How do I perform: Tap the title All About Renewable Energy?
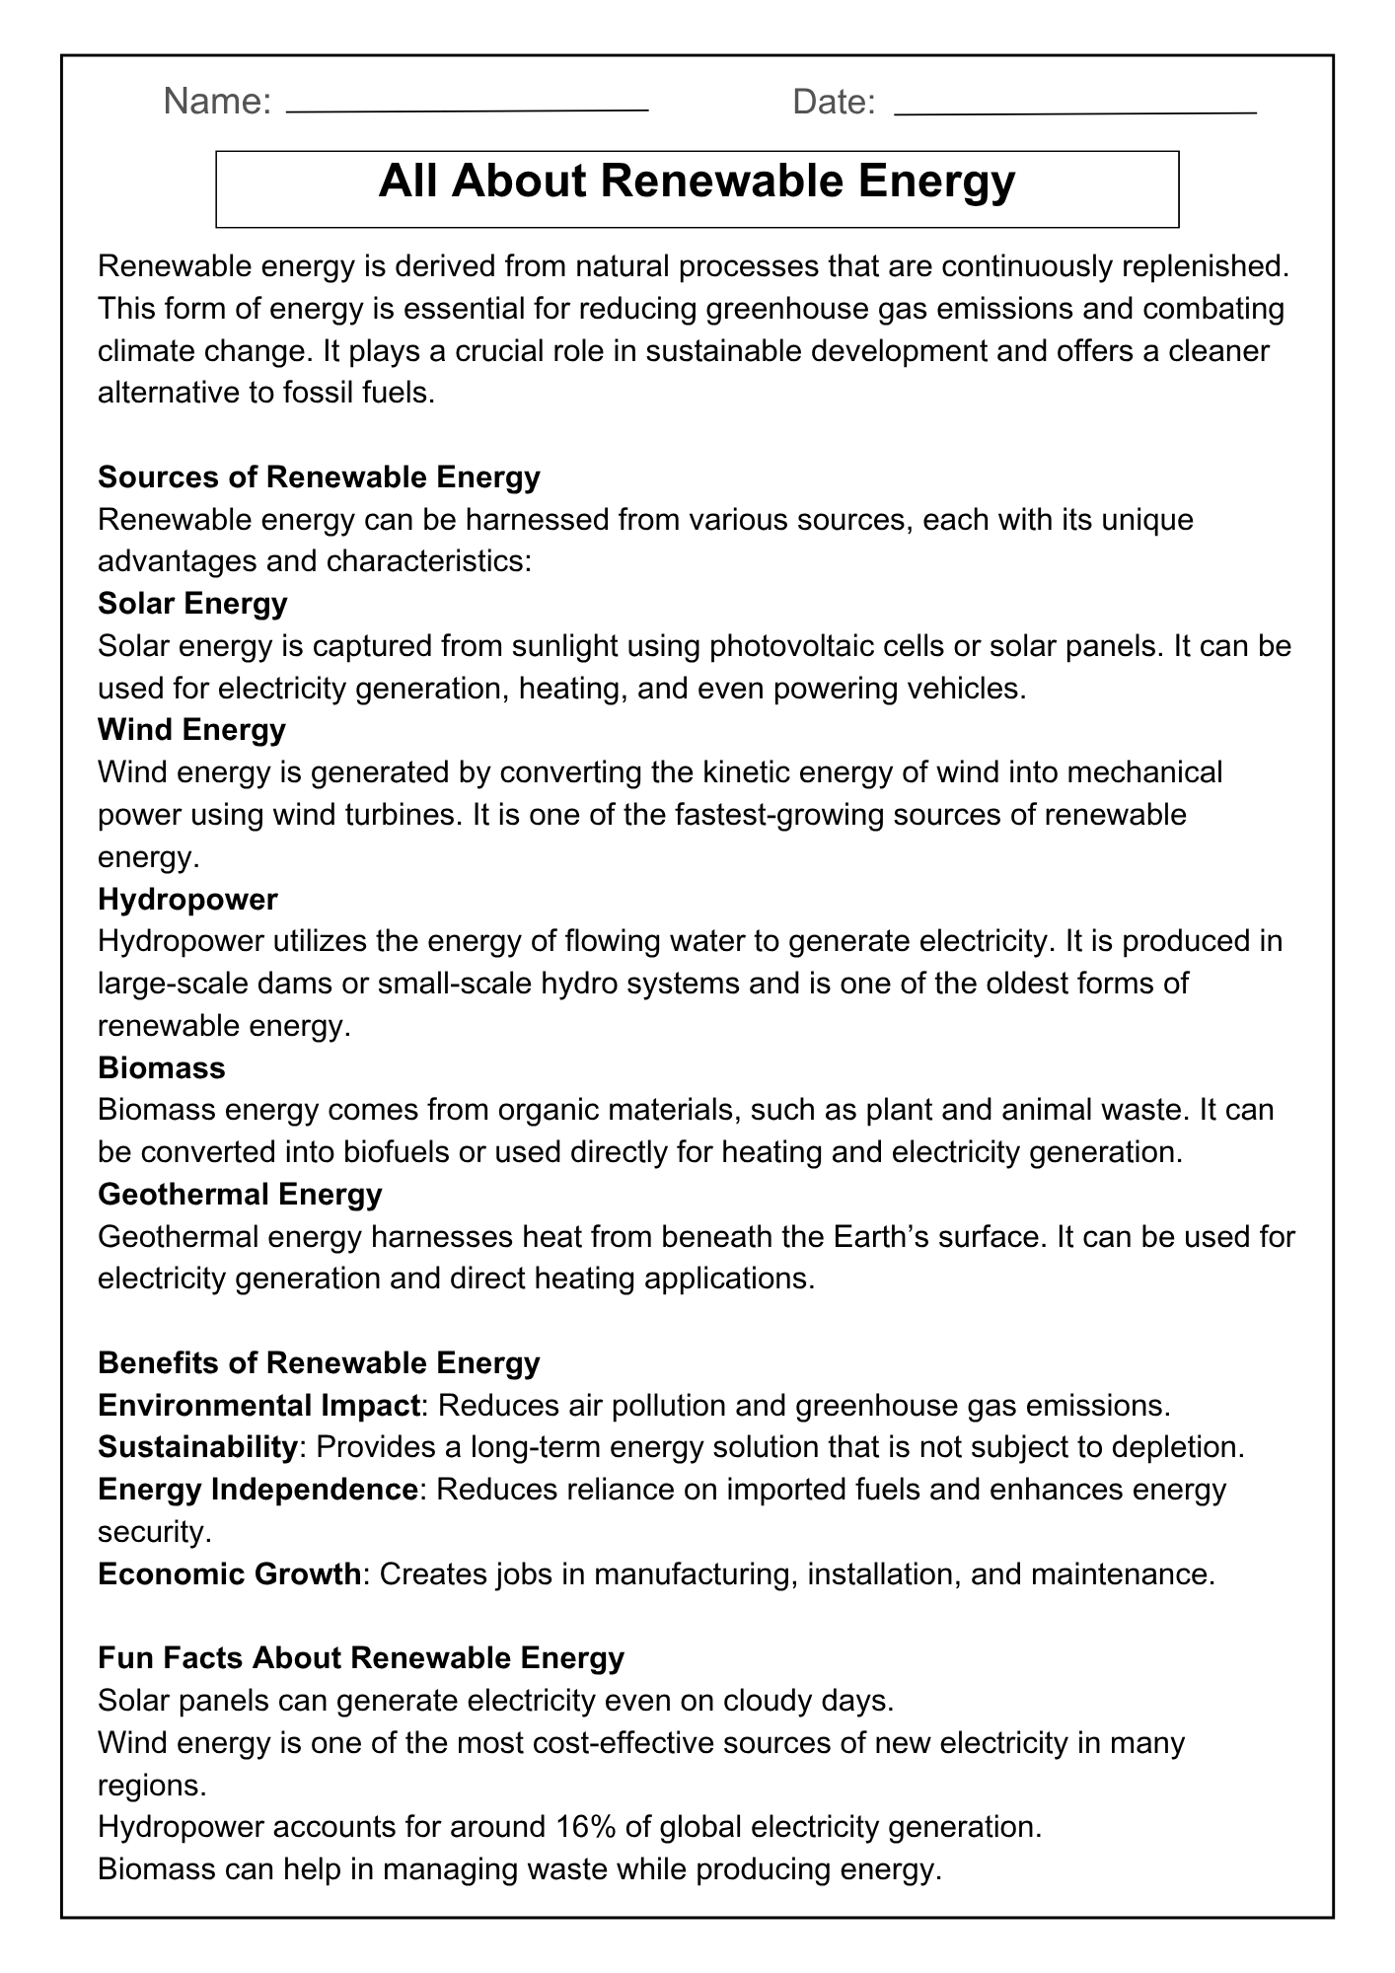coord(697,183)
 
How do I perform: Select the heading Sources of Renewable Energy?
coord(319,477)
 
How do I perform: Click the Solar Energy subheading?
coord(192,603)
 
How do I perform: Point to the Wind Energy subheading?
coord(191,730)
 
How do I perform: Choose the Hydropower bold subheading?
coord(187,899)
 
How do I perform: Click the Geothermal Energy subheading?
coord(240,1195)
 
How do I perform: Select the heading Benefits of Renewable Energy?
coord(319,1363)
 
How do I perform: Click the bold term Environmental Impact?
coord(259,1405)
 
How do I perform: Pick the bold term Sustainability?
coord(197,1447)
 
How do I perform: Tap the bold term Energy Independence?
coord(257,1489)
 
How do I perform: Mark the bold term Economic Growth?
coord(229,1573)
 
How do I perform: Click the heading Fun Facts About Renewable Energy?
coord(361,1657)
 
